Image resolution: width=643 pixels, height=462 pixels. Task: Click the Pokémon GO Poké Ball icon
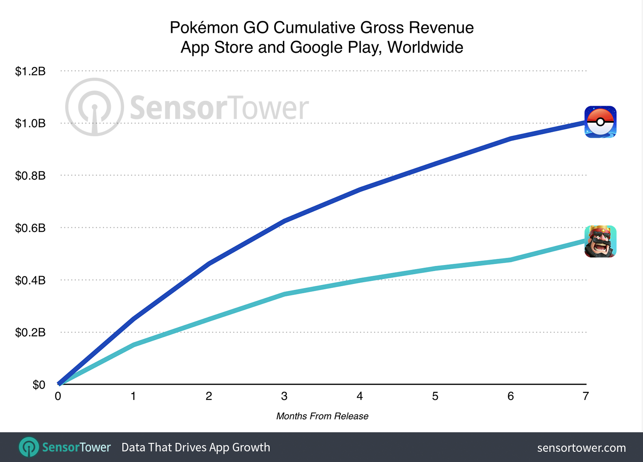pos(600,122)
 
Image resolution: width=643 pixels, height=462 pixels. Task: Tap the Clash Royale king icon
pos(600,241)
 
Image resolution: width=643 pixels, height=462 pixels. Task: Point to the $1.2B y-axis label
pos(30,71)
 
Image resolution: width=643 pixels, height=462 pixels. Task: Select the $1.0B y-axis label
pos(30,123)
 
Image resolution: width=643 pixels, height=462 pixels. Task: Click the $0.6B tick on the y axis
pos(30,228)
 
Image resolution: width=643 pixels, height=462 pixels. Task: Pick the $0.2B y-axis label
pos(30,332)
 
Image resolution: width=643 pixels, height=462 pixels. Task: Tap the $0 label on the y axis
pos(39,385)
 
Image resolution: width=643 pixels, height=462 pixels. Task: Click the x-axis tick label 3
pos(284,396)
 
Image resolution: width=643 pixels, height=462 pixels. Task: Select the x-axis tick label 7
pos(586,396)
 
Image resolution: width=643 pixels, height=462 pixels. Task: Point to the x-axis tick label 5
pos(435,396)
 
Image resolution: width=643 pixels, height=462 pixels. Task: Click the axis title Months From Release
pos(322,416)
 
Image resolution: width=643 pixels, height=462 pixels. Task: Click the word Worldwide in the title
pos(425,47)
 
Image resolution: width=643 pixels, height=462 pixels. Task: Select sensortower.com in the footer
pos(581,448)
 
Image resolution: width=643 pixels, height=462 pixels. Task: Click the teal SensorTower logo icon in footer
pos(29,447)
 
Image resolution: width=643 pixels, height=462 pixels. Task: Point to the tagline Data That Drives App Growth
pos(196,447)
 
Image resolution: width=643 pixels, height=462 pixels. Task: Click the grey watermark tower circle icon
pos(94,107)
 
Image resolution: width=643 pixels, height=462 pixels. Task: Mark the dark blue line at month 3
pos(284,221)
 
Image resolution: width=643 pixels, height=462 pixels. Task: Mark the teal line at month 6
pos(510,260)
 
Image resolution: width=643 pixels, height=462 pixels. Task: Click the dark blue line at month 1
pos(133,319)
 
